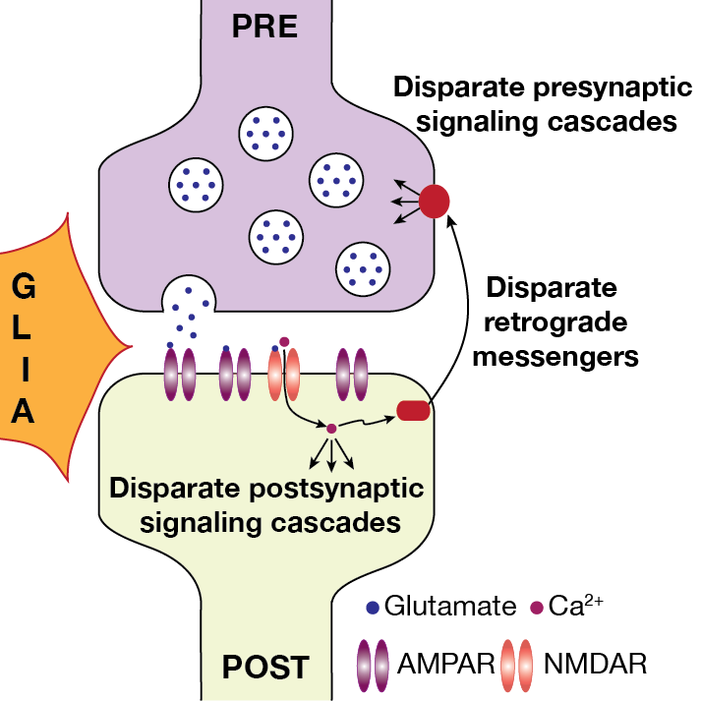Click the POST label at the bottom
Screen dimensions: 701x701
(264, 668)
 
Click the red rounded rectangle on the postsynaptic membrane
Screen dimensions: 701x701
(413, 410)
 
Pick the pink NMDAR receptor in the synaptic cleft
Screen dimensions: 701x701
(283, 373)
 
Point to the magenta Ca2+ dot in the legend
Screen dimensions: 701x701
(536, 607)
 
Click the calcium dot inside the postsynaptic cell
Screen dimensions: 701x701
(332, 428)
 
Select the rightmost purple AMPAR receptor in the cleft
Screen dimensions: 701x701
(350, 373)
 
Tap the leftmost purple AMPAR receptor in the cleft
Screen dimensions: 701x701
(178, 373)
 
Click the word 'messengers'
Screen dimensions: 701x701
(555, 356)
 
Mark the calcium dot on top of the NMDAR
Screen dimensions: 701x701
(284, 342)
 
